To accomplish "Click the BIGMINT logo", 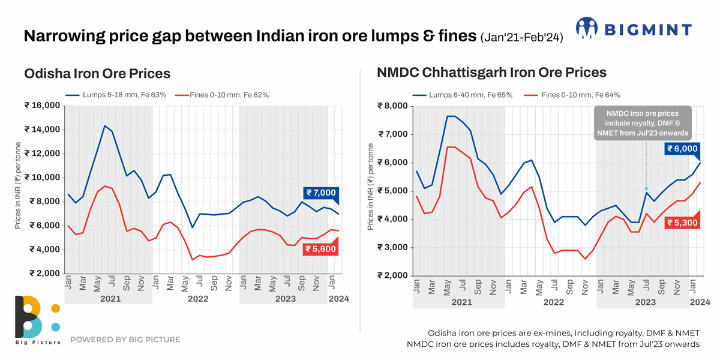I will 634,29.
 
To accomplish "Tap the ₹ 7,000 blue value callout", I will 321,193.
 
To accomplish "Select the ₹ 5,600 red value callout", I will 320,248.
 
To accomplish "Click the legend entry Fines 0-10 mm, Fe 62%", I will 222,95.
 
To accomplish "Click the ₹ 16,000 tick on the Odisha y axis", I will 42,106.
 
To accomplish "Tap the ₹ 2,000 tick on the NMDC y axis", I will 392,275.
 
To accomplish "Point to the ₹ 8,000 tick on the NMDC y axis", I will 392,106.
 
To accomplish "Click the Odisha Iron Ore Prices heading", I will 97,74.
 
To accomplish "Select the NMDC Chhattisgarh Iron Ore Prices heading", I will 491,73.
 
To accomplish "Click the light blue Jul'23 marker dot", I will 646,188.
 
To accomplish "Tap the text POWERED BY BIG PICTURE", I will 125,340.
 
